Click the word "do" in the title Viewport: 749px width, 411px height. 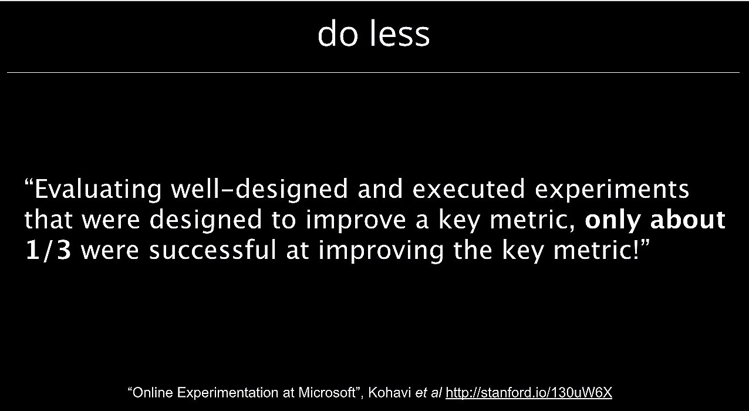click(338, 33)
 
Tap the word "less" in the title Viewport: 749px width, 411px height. click(400, 33)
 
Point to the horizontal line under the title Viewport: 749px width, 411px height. click(373, 72)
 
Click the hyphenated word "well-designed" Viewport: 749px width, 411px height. click(259, 190)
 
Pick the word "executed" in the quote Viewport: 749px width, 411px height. click(468, 189)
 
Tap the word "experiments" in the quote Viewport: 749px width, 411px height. click(612, 190)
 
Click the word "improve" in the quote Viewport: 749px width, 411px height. click(356, 220)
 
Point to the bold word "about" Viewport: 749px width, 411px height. click(687, 220)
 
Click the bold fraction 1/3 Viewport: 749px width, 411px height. click(48, 250)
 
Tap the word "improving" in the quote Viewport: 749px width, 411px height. click(381, 251)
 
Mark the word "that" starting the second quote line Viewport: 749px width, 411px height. click(48, 220)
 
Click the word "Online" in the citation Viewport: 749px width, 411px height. click(153, 392)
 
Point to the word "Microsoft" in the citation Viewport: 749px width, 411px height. click(327, 392)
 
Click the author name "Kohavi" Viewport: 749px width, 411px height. click(389, 392)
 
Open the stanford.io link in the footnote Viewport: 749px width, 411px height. click(529, 393)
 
